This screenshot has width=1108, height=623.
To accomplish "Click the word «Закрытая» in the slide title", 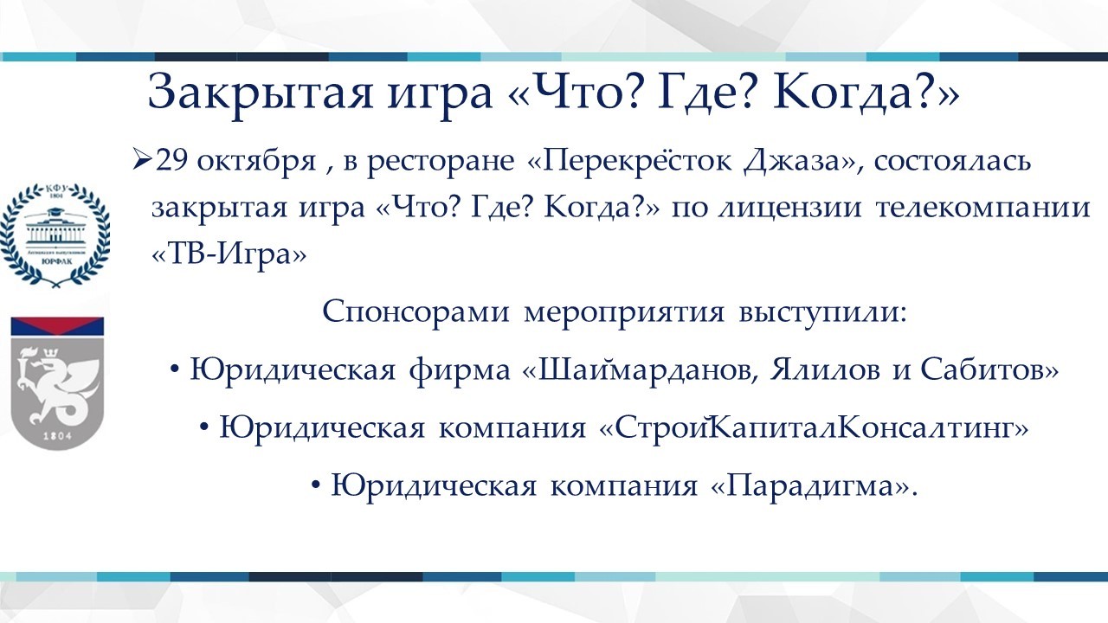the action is [261, 95].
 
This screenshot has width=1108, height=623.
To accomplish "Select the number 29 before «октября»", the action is [171, 160].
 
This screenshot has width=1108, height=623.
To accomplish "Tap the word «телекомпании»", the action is [982, 209].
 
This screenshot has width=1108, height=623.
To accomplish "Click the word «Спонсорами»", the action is [415, 312].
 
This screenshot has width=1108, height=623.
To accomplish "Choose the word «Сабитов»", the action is [982, 369].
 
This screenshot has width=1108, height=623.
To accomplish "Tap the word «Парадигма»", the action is [813, 485].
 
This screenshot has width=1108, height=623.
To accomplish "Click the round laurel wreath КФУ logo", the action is [56, 234].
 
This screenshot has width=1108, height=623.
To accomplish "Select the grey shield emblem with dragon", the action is [57, 383].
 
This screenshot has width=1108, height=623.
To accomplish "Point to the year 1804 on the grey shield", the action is [58, 435].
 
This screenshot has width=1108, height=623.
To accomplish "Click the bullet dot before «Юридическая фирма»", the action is [175, 369].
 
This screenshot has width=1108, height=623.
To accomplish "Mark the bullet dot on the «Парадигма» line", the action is [316, 485].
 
